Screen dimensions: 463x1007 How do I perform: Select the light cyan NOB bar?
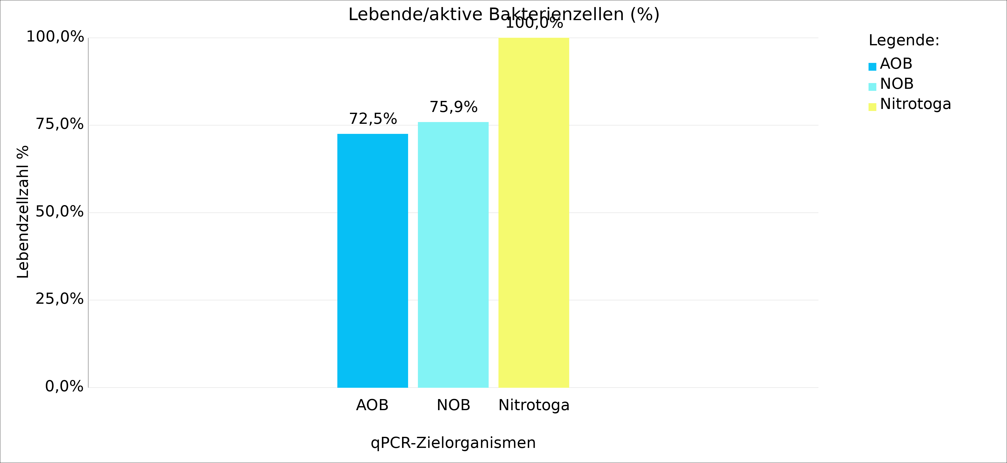coord(453,254)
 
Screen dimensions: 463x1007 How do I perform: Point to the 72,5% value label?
coord(373,119)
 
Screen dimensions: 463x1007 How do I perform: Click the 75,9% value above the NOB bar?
coord(453,107)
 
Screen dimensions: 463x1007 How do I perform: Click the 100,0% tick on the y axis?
coord(55,37)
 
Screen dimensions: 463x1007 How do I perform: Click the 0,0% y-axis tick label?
coord(64,387)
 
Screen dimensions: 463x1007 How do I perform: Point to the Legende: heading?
coord(904,41)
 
